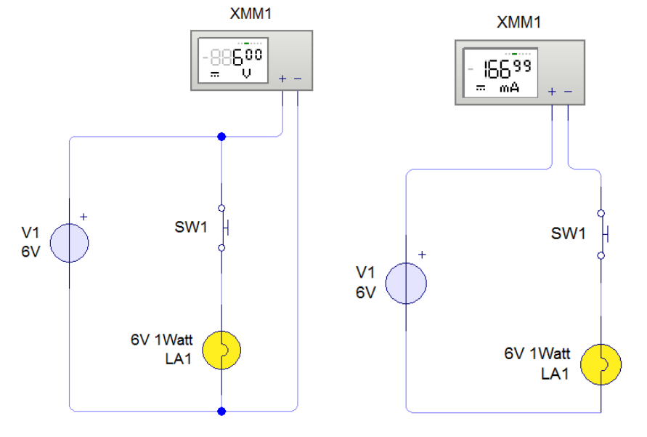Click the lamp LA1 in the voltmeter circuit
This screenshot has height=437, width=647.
click(x=221, y=350)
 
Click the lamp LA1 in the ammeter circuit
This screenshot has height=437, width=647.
click(x=603, y=364)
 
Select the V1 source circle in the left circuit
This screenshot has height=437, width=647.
click(x=70, y=242)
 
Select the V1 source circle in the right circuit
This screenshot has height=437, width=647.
click(x=405, y=284)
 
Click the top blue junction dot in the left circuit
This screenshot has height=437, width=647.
click(x=221, y=136)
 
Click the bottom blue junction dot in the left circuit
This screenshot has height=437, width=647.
click(x=221, y=412)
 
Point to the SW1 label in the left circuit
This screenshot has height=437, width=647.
click(x=191, y=228)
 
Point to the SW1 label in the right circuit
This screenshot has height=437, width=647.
click(x=568, y=234)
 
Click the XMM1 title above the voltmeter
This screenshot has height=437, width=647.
click(x=251, y=14)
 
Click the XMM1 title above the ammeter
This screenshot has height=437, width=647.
click(x=518, y=23)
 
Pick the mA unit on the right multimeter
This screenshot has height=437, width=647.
click(x=510, y=89)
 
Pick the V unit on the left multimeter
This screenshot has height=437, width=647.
click(x=246, y=74)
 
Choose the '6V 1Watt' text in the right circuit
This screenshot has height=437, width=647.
click(x=537, y=354)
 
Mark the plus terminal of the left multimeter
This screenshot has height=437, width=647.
click(x=282, y=79)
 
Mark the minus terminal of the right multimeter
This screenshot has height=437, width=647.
click(x=568, y=92)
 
